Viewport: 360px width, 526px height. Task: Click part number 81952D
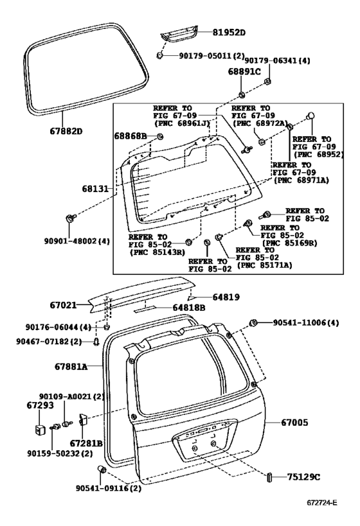point(229,33)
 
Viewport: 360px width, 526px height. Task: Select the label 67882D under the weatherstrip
point(66,131)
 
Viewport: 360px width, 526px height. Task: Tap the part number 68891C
point(244,71)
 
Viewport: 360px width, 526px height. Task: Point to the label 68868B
point(130,136)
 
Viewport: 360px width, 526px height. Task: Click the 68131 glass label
point(95,189)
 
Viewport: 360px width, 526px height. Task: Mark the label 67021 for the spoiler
point(63,305)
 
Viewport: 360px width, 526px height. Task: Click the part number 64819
point(226,297)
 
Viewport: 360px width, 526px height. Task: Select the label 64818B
point(189,308)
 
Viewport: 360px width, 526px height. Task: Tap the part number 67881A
point(71,367)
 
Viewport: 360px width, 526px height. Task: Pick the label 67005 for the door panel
point(294,423)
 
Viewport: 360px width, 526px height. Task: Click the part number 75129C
point(303,477)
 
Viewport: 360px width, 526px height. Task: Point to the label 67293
point(40,405)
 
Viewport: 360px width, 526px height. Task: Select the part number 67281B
point(86,443)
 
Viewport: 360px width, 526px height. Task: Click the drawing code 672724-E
point(321,502)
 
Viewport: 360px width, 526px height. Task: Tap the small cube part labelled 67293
point(40,430)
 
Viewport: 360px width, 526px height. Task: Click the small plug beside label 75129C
point(269,477)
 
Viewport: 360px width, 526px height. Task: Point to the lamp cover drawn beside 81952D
point(179,33)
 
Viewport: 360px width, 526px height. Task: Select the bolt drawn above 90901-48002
point(71,218)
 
